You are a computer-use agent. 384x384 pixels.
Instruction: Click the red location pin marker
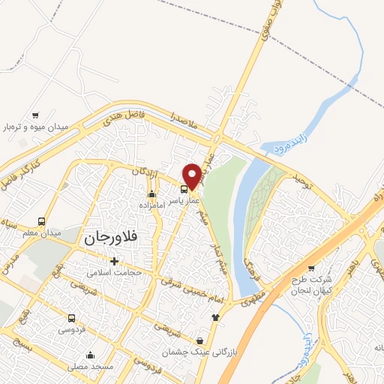pyautogui.click(x=192, y=175)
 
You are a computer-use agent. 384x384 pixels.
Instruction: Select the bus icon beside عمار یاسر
pyautogui.click(x=184, y=188)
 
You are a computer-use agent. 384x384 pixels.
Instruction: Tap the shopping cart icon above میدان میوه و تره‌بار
pyautogui.click(x=35, y=115)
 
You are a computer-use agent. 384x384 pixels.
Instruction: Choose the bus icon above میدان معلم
pyautogui.click(x=41, y=222)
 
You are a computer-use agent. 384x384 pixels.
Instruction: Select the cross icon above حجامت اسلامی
pyautogui.click(x=114, y=261)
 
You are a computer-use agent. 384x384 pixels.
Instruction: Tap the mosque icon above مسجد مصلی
pyautogui.click(x=91, y=355)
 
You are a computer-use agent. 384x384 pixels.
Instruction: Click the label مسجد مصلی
pyautogui.click(x=91, y=367)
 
